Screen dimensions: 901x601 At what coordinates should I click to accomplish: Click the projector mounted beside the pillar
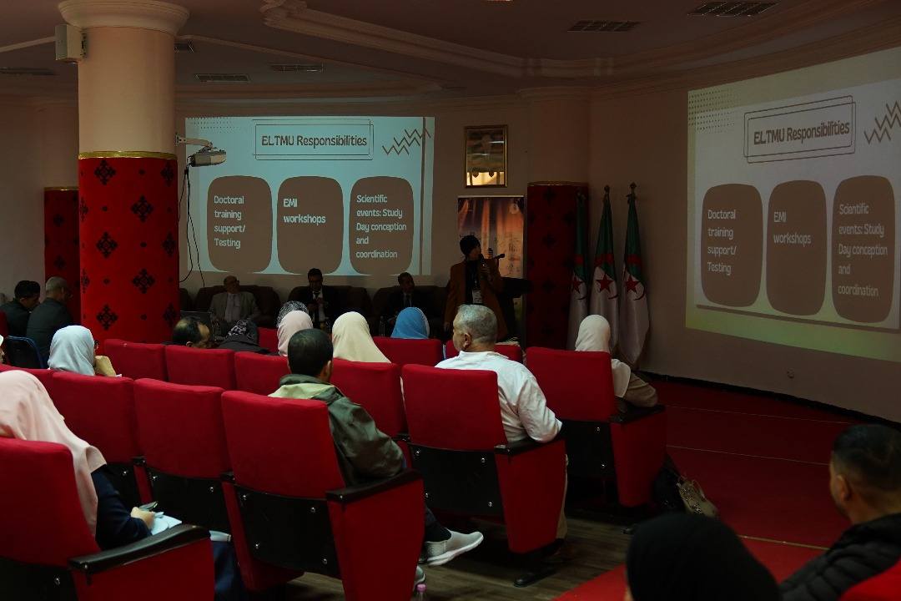point(207,156)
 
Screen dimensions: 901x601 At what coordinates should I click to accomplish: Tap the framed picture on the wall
point(486,156)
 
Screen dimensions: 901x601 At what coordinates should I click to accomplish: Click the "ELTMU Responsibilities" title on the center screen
point(314,140)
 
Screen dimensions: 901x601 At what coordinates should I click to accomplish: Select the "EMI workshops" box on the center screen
point(310,225)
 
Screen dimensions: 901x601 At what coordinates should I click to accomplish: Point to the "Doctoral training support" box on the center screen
point(239,224)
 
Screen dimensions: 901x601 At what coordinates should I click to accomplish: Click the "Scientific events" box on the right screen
point(863,249)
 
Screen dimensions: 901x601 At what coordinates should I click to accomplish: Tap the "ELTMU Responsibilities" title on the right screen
point(800,129)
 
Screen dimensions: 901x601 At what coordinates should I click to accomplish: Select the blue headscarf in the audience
point(410,323)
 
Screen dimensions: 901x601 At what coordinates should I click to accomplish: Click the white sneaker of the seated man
point(453,547)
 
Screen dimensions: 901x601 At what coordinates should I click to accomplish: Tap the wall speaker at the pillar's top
point(70,42)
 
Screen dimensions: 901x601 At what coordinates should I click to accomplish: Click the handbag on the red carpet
point(695,497)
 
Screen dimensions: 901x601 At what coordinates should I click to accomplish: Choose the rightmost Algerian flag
point(633,276)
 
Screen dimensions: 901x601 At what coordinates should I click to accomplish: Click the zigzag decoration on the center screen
point(405,141)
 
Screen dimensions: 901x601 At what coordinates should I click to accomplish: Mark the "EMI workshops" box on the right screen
point(796,248)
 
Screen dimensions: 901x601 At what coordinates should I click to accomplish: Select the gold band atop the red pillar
point(127,154)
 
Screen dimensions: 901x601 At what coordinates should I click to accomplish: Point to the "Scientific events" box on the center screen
point(381,225)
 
